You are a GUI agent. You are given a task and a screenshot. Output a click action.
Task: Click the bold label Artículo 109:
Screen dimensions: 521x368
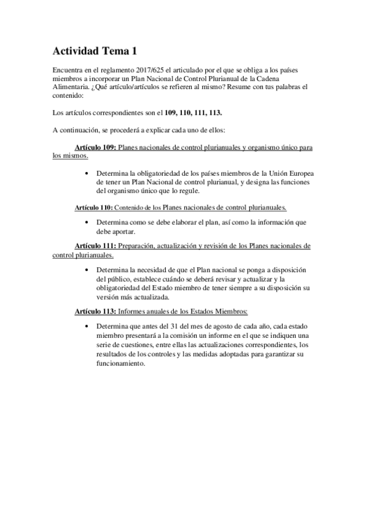point(95,148)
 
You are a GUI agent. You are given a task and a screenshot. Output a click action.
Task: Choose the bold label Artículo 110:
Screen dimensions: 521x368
point(90,208)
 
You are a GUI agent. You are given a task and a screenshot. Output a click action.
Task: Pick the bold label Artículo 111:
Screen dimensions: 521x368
point(95,246)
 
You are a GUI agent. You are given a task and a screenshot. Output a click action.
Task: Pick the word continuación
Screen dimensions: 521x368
point(80,130)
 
